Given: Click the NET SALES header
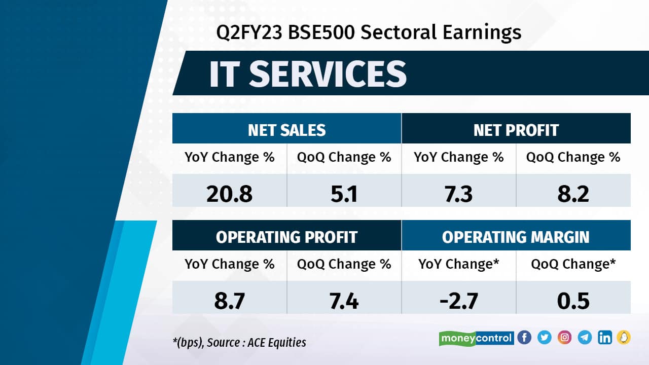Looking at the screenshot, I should [286, 130].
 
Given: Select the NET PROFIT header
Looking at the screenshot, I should [516, 130].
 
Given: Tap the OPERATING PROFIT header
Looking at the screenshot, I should [286, 237].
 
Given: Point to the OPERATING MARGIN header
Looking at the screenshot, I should [516, 237].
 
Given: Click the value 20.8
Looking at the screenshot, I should [229, 194].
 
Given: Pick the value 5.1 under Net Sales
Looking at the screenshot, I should [344, 194].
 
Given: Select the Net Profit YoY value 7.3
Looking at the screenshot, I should [458, 194].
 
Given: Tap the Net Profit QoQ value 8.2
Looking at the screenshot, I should [573, 194].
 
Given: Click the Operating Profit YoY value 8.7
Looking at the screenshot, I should [229, 301].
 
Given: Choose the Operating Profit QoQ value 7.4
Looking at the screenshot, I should [344, 301].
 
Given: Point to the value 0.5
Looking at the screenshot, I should [573, 301].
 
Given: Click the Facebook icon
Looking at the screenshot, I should [524, 338].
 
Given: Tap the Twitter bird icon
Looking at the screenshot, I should [545, 338].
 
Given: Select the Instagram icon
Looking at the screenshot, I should [564, 338].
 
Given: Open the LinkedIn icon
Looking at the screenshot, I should [604, 338].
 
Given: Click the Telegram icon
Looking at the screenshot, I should [585, 338].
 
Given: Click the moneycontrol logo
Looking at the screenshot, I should [476, 338].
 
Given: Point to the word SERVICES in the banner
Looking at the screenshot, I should [328, 74].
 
